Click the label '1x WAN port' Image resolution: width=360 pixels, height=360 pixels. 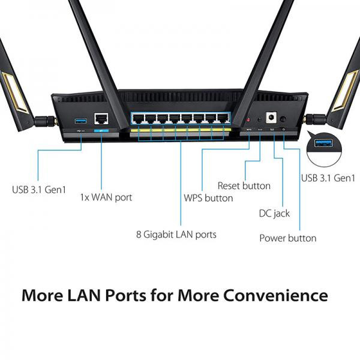coord(106,197)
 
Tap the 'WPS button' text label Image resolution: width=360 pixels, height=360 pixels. coord(208,198)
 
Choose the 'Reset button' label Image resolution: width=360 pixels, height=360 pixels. coord(244,186)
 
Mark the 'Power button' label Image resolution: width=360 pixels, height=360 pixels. coord(287,238)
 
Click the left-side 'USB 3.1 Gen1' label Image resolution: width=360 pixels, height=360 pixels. coord(40,190)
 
